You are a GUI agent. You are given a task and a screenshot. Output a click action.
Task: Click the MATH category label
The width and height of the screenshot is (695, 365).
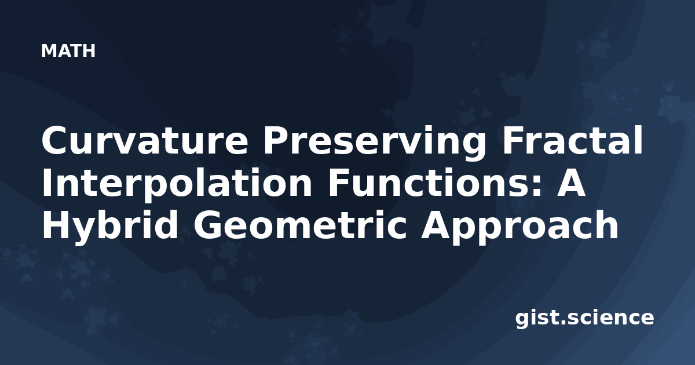(68, 50)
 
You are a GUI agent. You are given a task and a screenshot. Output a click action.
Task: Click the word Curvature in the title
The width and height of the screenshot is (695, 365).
(145, 140)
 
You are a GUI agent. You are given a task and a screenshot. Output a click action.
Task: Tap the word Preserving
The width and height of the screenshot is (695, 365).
(375, 143)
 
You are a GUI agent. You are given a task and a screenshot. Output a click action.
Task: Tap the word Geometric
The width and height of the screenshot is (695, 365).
(300, 225)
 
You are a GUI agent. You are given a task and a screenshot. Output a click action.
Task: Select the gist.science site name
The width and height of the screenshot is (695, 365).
(584, 319)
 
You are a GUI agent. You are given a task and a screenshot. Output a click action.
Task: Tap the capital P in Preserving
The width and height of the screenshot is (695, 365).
(277, 140)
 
